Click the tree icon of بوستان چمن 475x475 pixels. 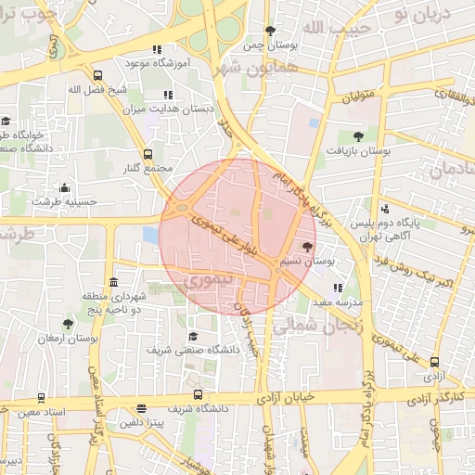pyautogui.click(x=270, y=31)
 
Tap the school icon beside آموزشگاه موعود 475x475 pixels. pyautogui.click(x=158, y=49)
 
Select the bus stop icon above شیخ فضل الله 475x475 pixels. pyautogui.click(x=98, y=75)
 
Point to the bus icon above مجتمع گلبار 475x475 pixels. pyautogui.click(x=148, y=154)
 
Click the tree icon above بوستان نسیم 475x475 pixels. pyautogui.click(x=307, y=246)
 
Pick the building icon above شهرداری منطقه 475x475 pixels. pyautogui.click(x=113, y=282)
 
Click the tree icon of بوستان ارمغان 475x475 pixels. pyautogui.click(x=68, y=324)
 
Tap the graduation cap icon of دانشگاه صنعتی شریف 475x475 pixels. pyautogui.click(x=192, y=336)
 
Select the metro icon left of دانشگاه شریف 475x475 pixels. pyautogui.click(x=141, y=407)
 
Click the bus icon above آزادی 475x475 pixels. pyautogui.click(x=434, y=364)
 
